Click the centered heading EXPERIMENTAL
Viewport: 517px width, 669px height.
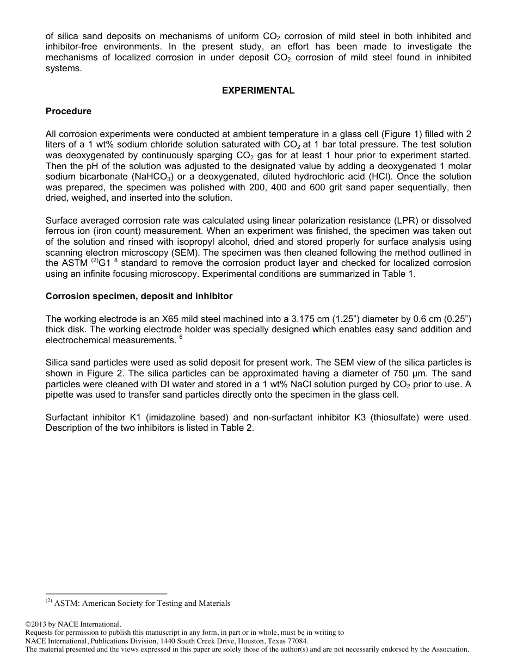click(258, 91)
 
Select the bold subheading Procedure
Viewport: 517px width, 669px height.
click(69, 112)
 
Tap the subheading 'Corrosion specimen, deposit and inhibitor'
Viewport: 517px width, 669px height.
click(139, 296)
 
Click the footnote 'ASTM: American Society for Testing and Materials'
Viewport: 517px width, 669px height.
click(143, 603)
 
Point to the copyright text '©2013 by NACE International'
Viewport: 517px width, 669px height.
click(73, 624)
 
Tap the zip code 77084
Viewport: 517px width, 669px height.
click(297, 641)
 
